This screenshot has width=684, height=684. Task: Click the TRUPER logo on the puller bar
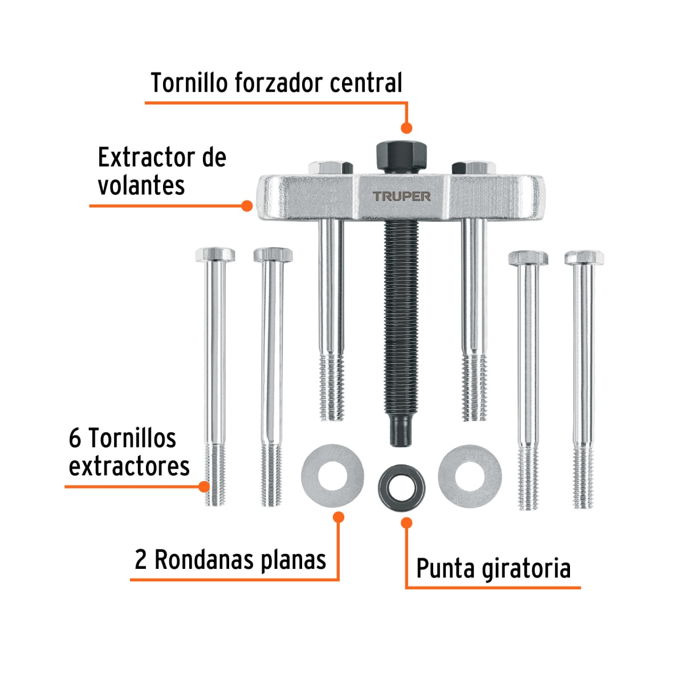[402, 196]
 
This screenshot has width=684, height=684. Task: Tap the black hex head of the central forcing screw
[401, 155]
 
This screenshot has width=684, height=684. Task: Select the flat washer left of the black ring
[332, 475]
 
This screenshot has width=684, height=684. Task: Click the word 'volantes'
[141, 185]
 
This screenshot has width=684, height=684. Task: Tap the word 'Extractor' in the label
[145, 157]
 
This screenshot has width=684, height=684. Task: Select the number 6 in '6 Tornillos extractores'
[75, 438]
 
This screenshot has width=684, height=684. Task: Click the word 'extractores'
[129, 466]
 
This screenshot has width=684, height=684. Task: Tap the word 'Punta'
[446, 569]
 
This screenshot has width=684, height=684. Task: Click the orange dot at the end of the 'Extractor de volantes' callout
[247, 206]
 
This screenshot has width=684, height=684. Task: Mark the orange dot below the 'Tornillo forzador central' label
[406, 128]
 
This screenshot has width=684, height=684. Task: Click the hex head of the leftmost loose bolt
[215, 254]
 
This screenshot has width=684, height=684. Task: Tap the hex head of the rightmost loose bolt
[584, 257]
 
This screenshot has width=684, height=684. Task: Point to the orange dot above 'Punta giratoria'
[406, 522]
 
